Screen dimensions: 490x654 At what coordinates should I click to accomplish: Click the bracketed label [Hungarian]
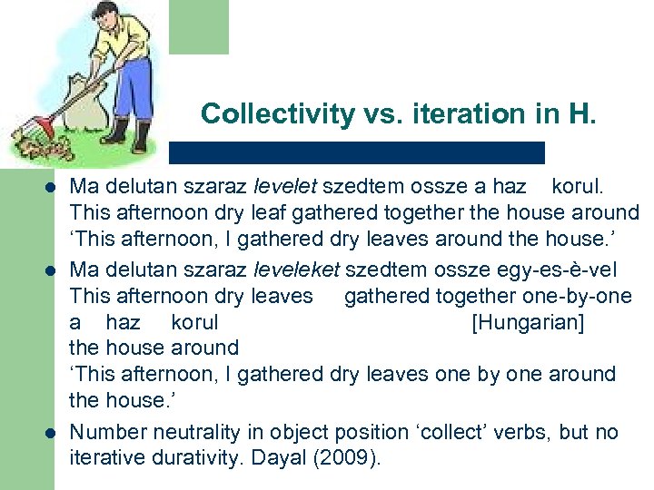[528, 322]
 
